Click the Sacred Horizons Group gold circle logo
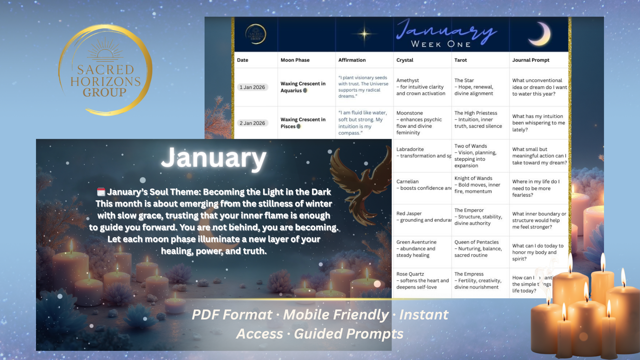pos(105,70)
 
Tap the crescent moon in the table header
pos(540,34)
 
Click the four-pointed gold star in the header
pos(364,34)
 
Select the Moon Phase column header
pos(295,60)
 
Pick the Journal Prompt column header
pos(531,60)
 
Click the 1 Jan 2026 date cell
pos(252,87)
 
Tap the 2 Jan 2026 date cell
pos(252,123)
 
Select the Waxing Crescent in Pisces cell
pos(303,123)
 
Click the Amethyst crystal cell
pos(421,87)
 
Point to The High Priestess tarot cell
pos(478,119)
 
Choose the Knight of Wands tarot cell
pos(477,185)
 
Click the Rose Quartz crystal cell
pos(422,281)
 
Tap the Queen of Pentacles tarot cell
pos(478,249)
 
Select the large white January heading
pos(214,158)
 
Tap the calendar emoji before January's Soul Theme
pos(101,192)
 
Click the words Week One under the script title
pos(441,44)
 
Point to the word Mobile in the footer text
pos(336,315)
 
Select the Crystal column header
pos(405,60)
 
